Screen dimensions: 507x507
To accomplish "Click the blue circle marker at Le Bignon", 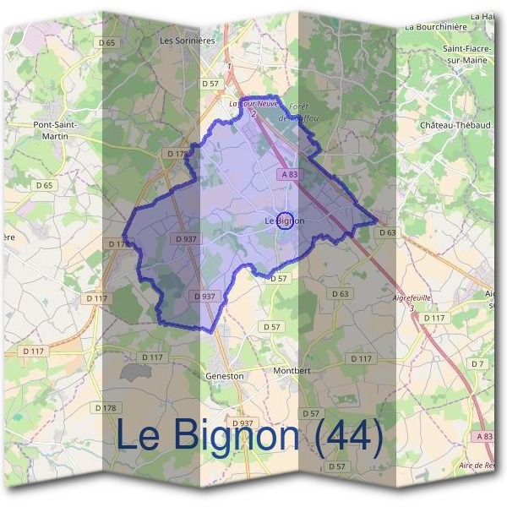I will (x=285, y=221).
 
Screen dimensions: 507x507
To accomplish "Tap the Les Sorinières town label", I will (x=188, y=40).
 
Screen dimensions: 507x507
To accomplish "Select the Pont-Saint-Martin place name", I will (x=55, y=130).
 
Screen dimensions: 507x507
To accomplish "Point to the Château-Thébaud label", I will (x=455, y=124).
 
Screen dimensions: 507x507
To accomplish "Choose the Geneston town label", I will (x=224, y=375).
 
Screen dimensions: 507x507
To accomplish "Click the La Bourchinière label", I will (x=436, y=26).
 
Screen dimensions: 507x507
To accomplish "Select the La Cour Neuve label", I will (x=253, y=103).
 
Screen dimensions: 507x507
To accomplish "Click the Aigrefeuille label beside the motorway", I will (x=412, y=298).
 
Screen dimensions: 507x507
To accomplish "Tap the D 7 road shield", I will (x=477, y=363).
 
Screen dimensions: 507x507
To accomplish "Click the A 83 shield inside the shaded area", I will (x=289, y=174).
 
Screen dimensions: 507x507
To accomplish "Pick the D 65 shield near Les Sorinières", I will (x=106, y=42).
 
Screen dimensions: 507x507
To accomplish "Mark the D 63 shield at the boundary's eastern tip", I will (x=387, y=232).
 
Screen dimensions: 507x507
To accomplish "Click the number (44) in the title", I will (x=349, y=436).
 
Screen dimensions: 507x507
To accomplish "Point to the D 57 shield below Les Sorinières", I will (x=210, y=84).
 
